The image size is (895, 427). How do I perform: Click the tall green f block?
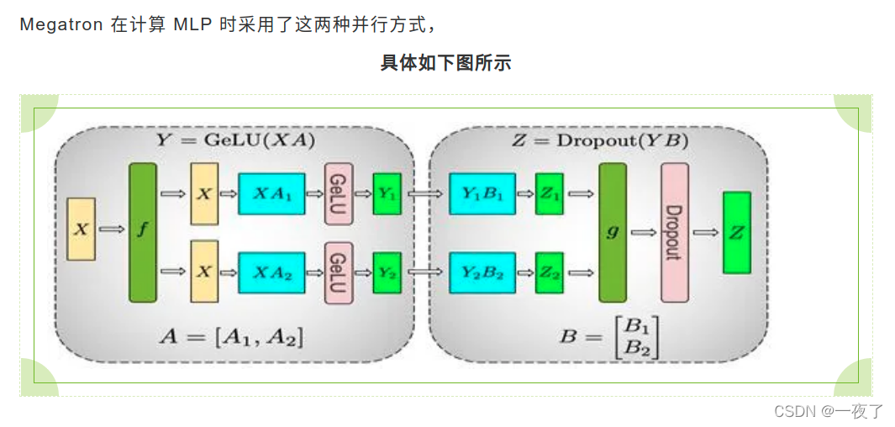pyautogui.click(x=142, y=232)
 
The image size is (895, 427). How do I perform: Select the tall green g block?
pyautogui.click(x=613, y=232)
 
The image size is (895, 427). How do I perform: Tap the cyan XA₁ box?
pyautogui.click(x=271, y=194)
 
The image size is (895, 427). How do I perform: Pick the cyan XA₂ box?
pyautogui.click(x=271, y=271)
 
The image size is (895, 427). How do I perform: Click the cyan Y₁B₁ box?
pyautogui.click(x=482, y=194)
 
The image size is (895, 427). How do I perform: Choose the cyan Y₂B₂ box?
pyautogui.click(x=482, y=271)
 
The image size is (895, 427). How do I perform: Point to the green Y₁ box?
pyautogui.click(x=387, y=194)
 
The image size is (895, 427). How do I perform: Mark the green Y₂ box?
pyautogui.click(x=387, y=271)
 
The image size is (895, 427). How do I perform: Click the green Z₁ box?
pyautogui.click(x=550, y=194)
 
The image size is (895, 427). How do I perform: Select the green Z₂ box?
pyautogui.click(x=550, y=271)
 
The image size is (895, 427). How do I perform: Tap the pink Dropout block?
pyautogui.click(x=674, y=232)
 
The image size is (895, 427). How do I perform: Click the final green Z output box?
pyautogui.click(x=737, y=232)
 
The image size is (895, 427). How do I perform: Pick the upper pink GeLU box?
pyautogui.click(x=338, y=194)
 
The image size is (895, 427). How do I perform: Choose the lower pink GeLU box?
pyautogui.click(x=338, y=271)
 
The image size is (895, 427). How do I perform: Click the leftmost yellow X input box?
pyautogui.click(x=81, y=229)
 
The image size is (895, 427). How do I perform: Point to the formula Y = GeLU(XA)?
pyautogui.click(x=235, y=140)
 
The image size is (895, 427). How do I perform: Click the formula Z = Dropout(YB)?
pyautogui.click(x=599, y=140)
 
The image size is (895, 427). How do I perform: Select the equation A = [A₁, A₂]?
pyautogui.click(x=232, y=337)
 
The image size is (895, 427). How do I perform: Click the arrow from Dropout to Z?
pyautogui.click(x=706, y=233)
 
